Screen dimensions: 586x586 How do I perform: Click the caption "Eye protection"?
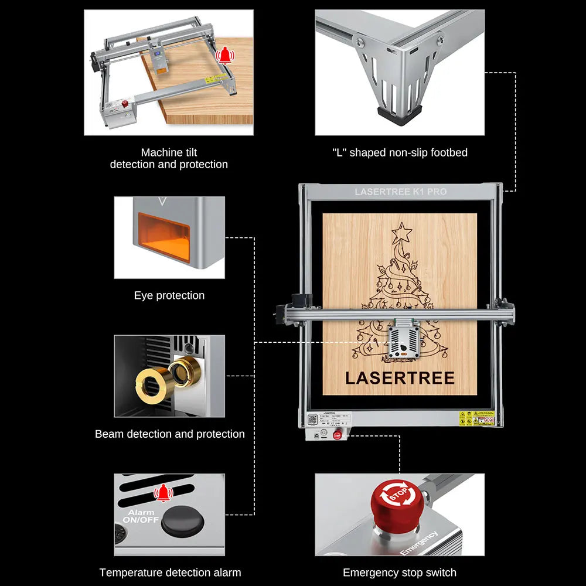(x=169, y=295)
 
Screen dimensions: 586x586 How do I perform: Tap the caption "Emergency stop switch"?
(x=400, y=573)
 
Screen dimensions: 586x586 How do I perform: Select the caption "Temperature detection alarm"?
(x=170, y=573)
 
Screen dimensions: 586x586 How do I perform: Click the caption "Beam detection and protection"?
(x=170, y=434)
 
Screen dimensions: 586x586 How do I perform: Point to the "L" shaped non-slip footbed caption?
(x=400, y=152)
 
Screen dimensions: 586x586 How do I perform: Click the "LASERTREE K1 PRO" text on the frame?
(x=400, y=192)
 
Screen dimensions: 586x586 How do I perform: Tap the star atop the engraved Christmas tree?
(x=402, y=232)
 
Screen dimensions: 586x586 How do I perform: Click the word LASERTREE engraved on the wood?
(x=400, y=378)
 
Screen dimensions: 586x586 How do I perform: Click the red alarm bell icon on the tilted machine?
(x=224, y=56)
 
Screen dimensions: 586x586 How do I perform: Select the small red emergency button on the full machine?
(x=338, y=435)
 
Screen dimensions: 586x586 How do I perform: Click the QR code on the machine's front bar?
(x=312, y=419)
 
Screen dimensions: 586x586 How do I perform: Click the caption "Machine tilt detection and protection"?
(x=169, y=158)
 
